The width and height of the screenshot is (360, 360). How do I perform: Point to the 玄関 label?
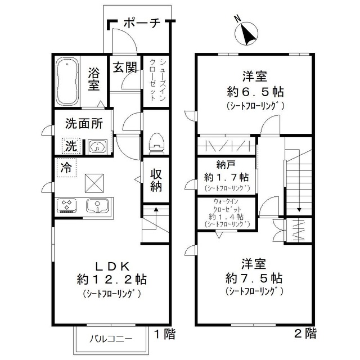pos(125,67)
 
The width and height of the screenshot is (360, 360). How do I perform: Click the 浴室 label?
pos(94,79)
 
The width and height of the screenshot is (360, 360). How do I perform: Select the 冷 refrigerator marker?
pos(66,168)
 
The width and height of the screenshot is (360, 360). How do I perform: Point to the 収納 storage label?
pos(156,181)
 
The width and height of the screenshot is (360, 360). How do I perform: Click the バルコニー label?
pos(112,340)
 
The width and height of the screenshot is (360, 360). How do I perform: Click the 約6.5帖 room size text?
pos(255,92)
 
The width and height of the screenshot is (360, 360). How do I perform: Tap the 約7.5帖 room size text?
pos(254,278)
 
